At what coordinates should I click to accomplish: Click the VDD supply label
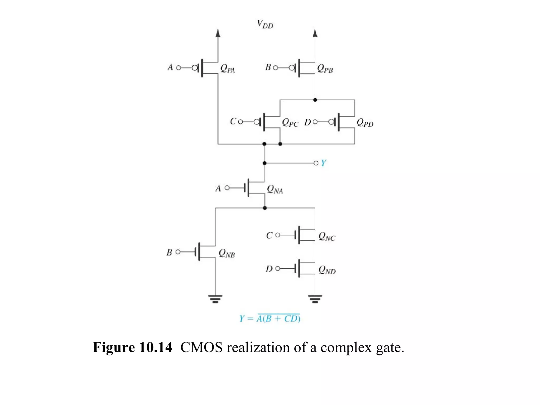click(265, 24)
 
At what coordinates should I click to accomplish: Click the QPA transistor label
click(227, 69)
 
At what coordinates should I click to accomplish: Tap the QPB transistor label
click(325, 69)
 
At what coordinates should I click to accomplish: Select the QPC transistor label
click(290, 123)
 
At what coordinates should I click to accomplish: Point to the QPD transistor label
click(365, 123)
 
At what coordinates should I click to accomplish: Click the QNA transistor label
click(275, 189)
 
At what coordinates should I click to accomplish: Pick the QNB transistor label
click(227, 253)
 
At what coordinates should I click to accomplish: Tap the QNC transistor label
click(327, 237)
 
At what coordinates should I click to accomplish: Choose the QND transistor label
click(327, 270)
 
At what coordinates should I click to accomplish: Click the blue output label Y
click(324, 163)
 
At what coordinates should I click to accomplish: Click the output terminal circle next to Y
click(316, 163)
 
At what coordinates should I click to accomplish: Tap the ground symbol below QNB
click(215, 299)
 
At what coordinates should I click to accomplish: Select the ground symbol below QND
click(315, 299)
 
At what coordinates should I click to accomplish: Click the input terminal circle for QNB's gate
click(178, 252)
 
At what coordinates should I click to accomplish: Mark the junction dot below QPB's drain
click(315, 100)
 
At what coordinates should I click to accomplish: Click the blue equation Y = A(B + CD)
click(270, 319)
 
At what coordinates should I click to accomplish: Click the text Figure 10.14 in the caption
click(132, 347)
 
